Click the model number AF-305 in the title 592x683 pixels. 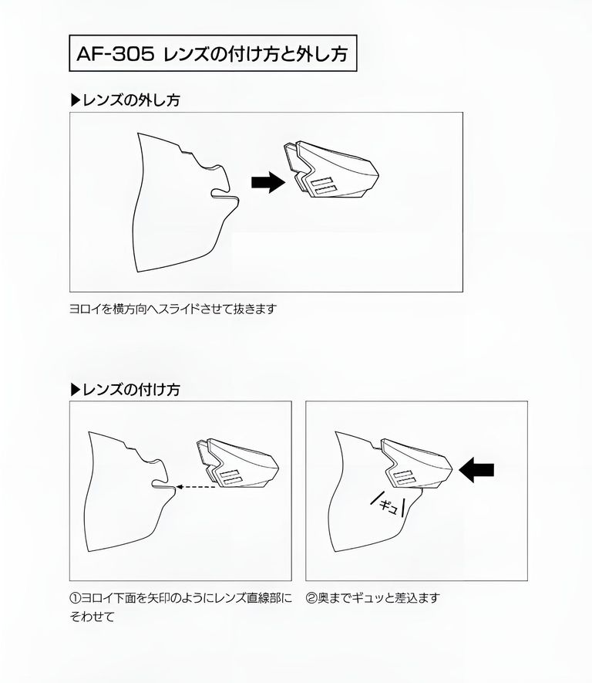click(116, 54)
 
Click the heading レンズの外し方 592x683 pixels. click(131, 100)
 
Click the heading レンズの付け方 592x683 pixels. click(131, 390)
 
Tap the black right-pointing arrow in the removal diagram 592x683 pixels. click(268, 182)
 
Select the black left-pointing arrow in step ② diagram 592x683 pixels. click(476, 470)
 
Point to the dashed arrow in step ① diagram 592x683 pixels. click(196, 487)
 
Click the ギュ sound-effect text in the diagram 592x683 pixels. click(388, 505)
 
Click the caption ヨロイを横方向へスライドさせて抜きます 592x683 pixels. click(173, 309)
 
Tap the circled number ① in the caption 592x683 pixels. click(76, 598)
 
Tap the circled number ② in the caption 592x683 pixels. click(311, 598)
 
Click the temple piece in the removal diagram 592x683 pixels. click(331, 171)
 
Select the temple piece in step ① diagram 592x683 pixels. click(237, 464)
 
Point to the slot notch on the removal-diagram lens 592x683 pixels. click(224, 194)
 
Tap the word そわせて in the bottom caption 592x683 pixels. click(92, 617)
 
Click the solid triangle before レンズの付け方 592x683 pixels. click(76, 390)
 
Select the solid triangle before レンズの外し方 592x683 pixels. click(76, 100)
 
